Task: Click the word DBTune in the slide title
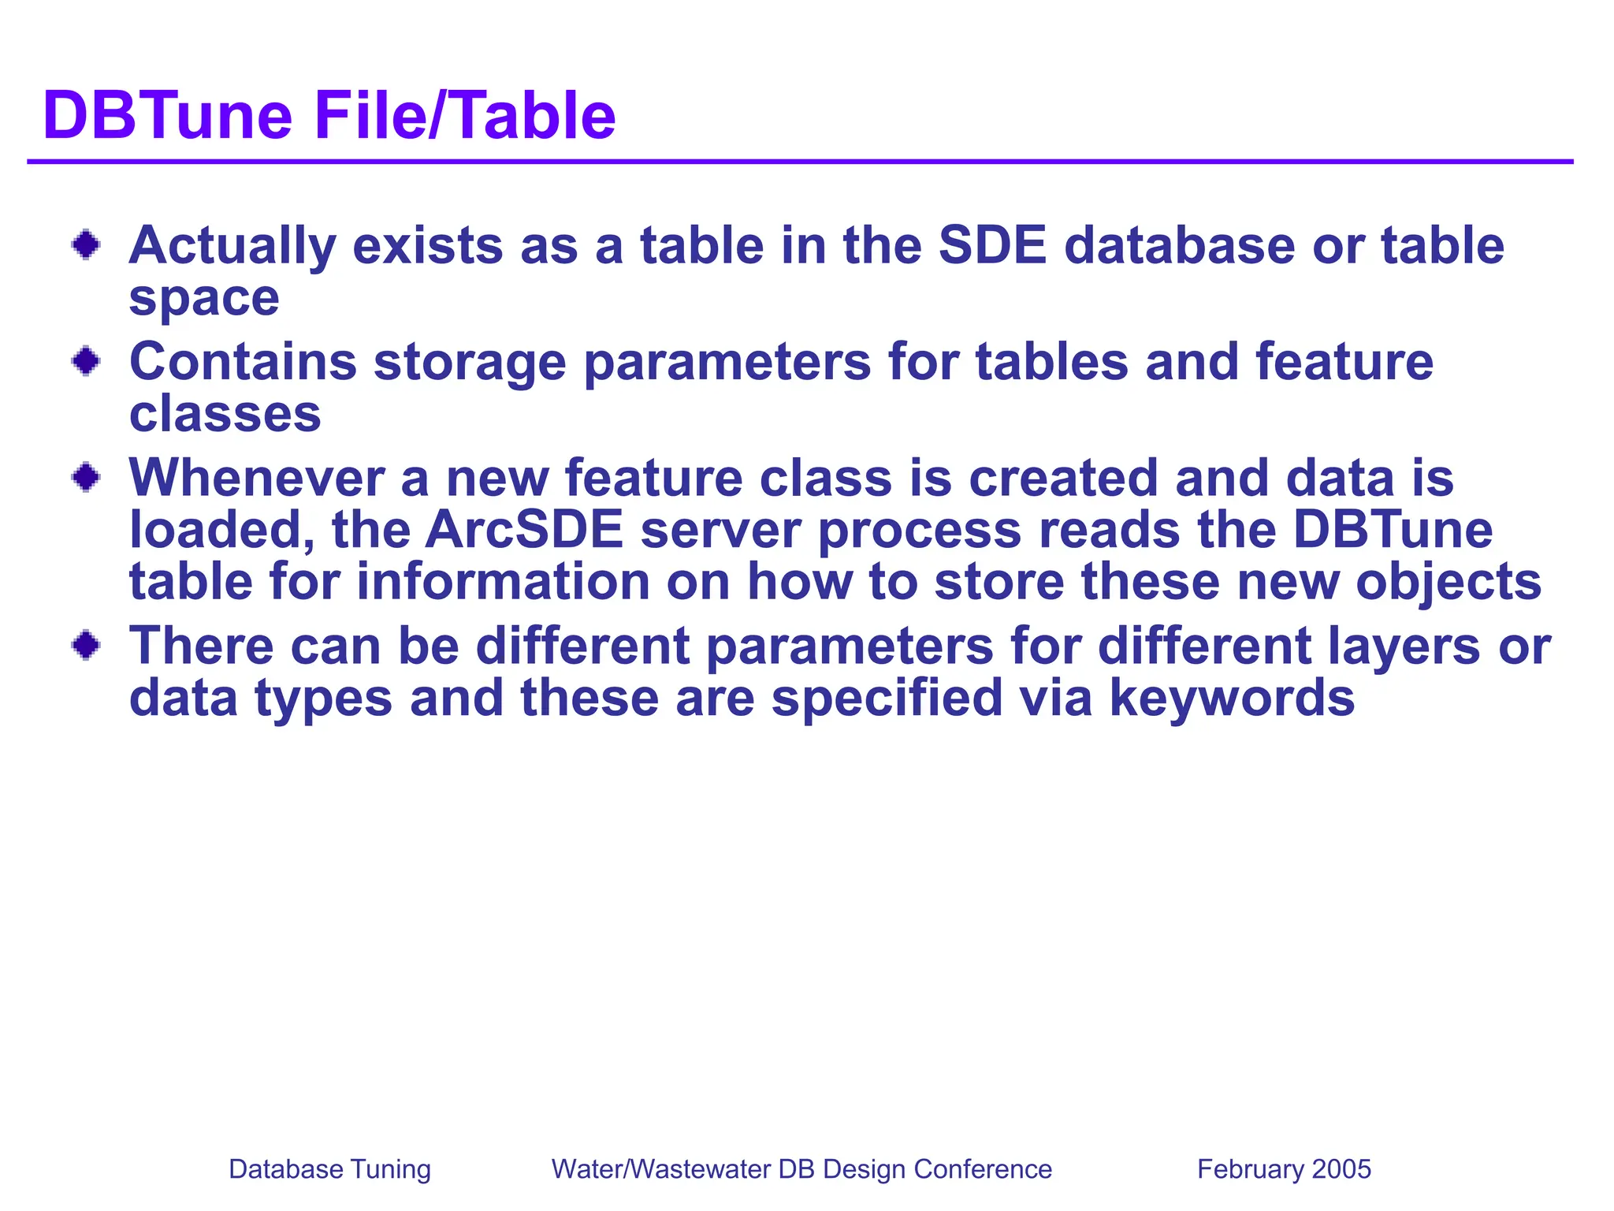pyautogui.click(x=168, y=116)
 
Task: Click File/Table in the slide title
pyautogui.click(x=465, y=116)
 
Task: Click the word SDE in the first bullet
pyautogui.click(x=992, y=245)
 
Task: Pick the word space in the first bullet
pyautogui.click(x=204, y=299)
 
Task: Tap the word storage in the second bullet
pyautogui.click(x=470, y=363)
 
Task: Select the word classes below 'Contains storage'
pyautogui.click(x=225, y=414)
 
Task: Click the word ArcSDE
pyautogui.click(x=524, y=530)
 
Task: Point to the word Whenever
pyautogui.click(x=257, y=478)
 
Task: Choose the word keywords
pyautogui.click(x=1232, y=699)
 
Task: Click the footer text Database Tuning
pyautogui.click(x=329, y=1169)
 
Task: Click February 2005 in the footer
pyautogui.click(x=1284, y=1169)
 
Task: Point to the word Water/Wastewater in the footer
pyautogui.click(x=660, y=1169)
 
